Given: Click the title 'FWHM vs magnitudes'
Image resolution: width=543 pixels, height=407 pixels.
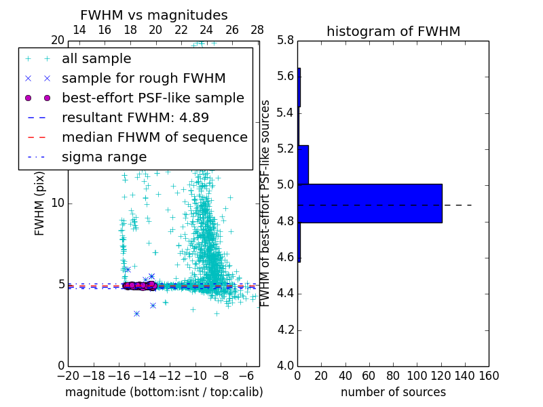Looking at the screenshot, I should (154, 16).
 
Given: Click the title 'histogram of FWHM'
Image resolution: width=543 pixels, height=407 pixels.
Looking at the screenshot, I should (393, 31).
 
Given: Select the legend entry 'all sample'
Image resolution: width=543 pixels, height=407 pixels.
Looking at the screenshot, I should (96, 59).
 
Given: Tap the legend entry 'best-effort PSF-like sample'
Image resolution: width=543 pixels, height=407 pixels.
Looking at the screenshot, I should (153, 98).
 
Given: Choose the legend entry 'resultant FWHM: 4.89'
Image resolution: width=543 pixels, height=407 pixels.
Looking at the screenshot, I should (135, 118).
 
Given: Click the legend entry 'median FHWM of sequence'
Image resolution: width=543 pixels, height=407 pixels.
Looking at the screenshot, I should (154, 138).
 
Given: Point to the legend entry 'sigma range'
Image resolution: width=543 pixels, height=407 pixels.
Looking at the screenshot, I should (104, 157).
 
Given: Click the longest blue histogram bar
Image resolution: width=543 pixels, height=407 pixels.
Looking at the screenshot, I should (370, 203).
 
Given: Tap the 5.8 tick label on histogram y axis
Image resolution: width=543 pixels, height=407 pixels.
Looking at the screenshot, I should (286, 41).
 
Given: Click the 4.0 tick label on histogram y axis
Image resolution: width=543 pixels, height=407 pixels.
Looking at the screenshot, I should (286, 366).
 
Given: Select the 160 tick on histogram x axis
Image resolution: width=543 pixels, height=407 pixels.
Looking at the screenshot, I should (487, 376).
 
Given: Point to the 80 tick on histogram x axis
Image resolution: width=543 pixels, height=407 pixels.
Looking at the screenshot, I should (393, 376).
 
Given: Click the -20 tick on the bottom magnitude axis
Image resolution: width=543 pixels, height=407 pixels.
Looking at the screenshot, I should (68, 376).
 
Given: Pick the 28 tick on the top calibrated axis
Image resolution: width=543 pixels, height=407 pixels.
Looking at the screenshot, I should (257, 31).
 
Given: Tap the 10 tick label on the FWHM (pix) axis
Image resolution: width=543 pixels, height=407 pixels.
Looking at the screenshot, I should (58, 203).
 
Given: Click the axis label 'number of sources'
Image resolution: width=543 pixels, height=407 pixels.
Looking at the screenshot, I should (393, 392).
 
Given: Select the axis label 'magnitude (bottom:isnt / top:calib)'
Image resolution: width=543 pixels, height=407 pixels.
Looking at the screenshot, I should (164, 392).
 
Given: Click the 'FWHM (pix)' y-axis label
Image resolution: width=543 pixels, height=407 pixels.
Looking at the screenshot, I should (40, 203).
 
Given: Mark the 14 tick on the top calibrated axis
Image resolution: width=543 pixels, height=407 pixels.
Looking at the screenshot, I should (79, 31).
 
